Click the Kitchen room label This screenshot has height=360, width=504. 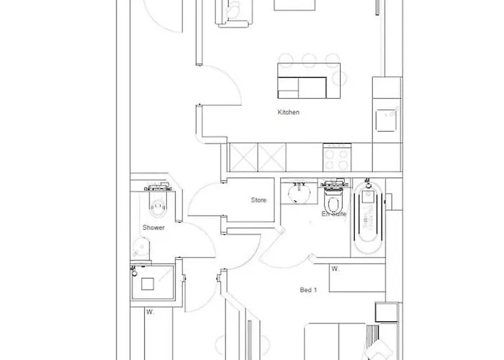tap(288, 112)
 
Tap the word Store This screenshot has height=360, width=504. tap(258, 200)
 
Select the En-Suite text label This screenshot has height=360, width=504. tap(333, 215)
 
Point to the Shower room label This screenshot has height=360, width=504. tap(153, 228)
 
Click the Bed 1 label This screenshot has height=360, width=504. tap(308, 289)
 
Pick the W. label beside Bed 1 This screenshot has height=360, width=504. tap(335, 269)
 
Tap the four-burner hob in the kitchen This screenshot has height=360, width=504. tap(336, 154)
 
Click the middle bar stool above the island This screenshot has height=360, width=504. tap(309, 59)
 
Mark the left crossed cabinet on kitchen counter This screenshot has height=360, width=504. tap(242, 156)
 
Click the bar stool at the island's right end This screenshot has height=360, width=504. tap(331, 59)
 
